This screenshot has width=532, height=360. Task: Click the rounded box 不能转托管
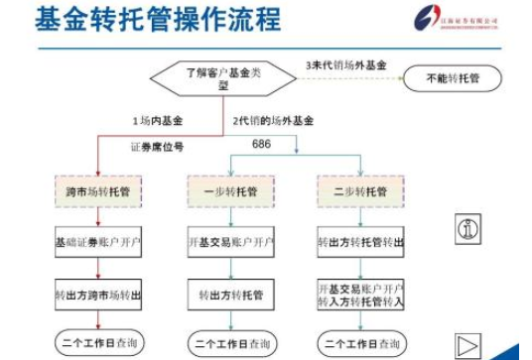452,77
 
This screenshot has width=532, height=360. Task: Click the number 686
261,145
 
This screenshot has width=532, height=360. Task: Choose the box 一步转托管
229,189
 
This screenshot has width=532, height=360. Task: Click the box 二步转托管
360,189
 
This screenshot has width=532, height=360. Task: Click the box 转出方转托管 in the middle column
229,295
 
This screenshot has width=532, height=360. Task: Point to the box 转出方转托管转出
360,241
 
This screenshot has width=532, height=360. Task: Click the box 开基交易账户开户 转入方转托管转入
360,295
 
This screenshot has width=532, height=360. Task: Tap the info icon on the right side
467,229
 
